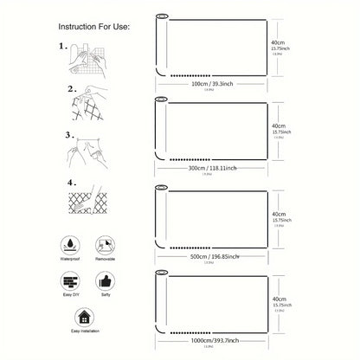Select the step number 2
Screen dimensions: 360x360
[71, 89]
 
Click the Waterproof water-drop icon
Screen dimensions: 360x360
[71, 242]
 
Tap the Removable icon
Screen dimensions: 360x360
[106, 242]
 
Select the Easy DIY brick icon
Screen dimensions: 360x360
[71, 284]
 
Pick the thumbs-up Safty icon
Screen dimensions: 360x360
[106, 284]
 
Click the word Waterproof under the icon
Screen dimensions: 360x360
[71, 259]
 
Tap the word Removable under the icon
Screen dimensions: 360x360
[106, 259]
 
